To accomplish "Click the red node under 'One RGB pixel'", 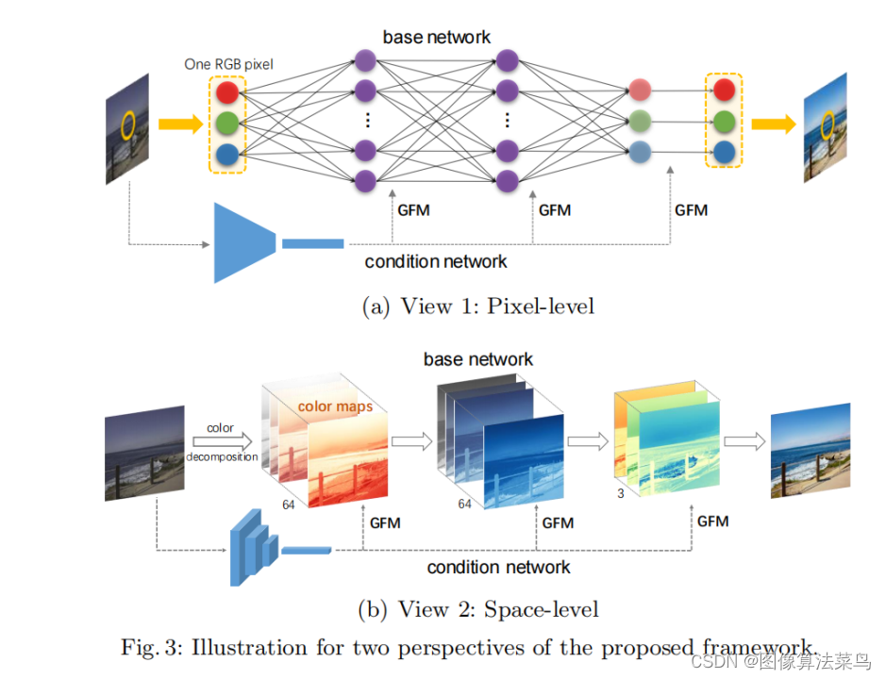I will tap(226, 92).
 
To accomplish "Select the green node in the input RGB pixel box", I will tap(226, 124).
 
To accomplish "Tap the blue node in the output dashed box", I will tap(724, 151).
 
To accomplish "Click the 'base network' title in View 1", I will tap(436, 38).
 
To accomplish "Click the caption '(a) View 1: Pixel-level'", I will tap(477, 306).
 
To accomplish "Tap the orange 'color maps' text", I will tap(335, 406).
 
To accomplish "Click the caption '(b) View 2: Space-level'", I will tap(478, 609).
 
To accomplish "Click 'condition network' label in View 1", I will tap(435, 261).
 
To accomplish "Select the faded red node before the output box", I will tap(640, 91).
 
